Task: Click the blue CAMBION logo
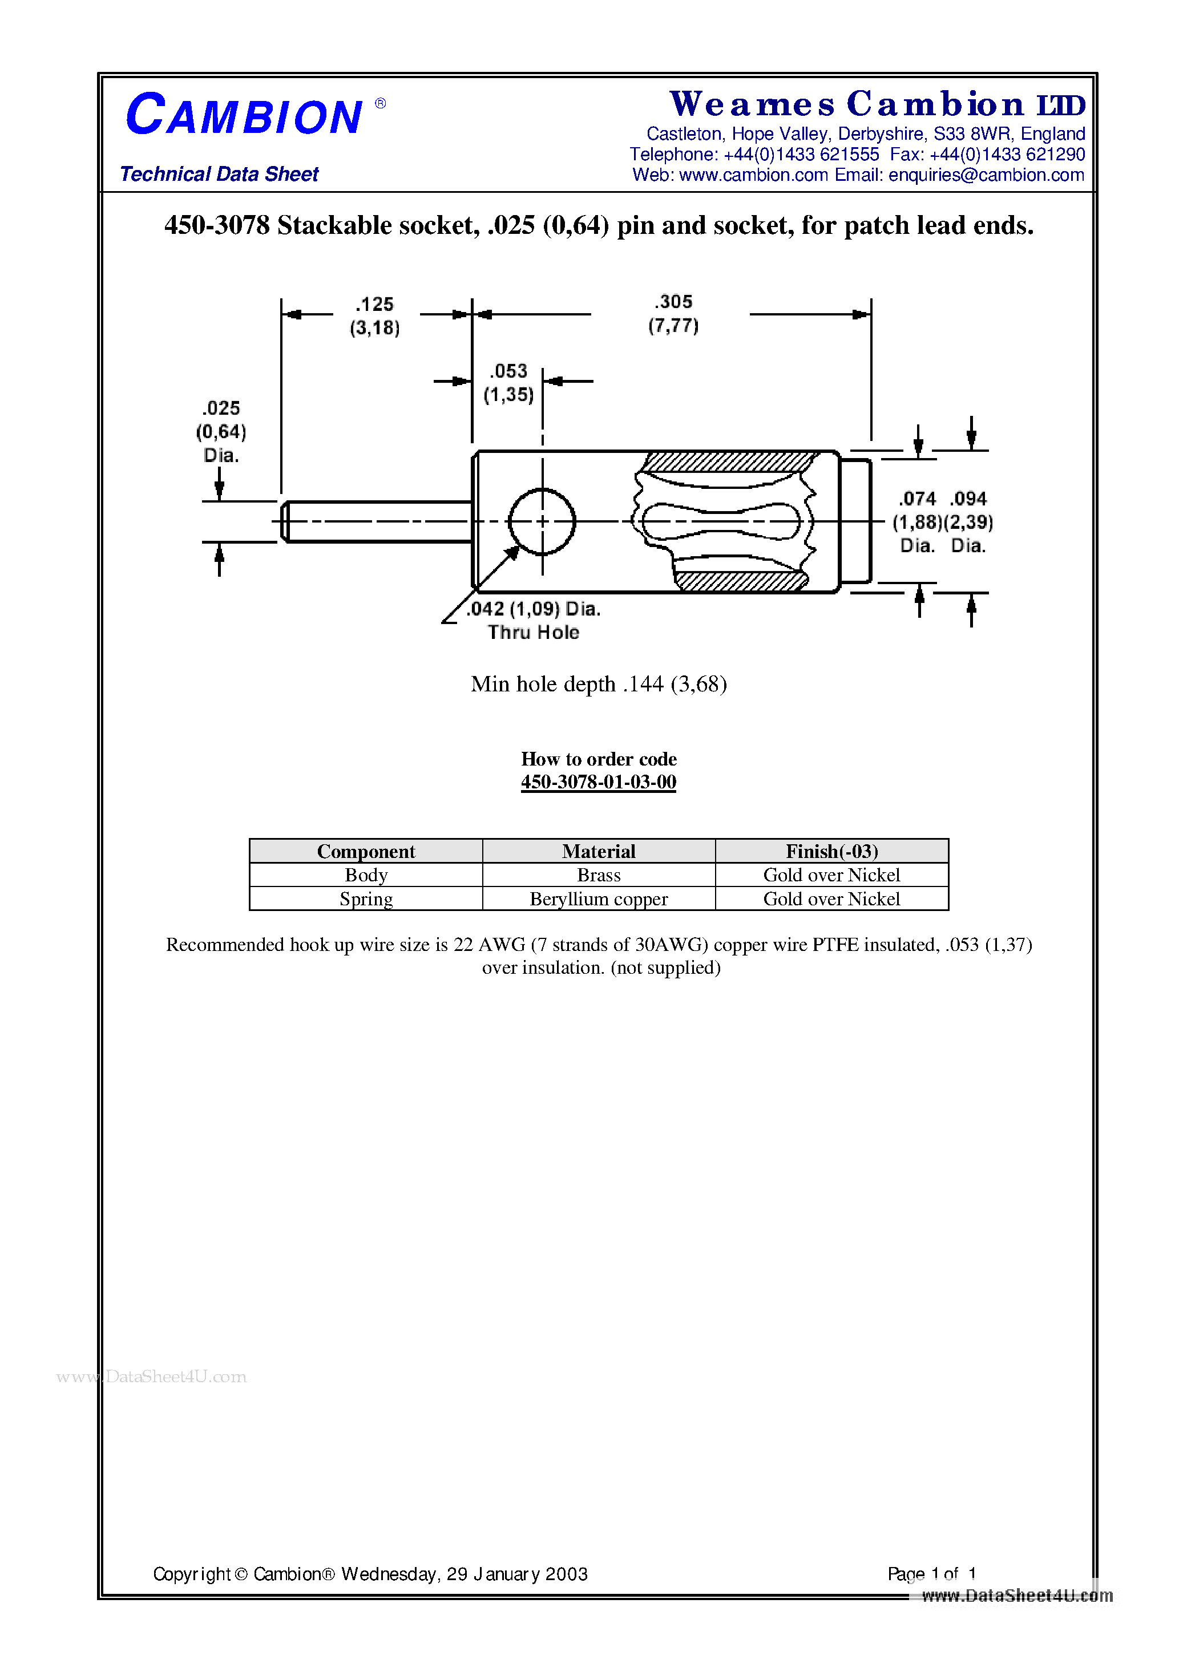coord(244,115)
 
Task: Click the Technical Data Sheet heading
coord(219,175)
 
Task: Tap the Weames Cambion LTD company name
coord(877,104)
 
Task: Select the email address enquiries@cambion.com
coord(986,175)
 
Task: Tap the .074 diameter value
coord(916,499)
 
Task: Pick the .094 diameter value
coord(968,499)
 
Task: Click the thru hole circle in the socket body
coord(542,521)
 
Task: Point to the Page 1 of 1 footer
coord(931,1573)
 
